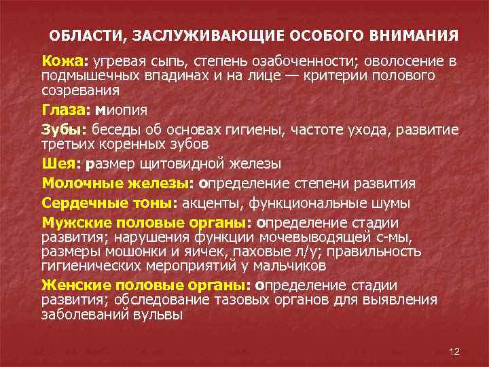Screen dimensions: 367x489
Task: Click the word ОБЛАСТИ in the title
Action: [x=77, y=35]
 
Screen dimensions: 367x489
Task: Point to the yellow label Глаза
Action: [x=66, y=109]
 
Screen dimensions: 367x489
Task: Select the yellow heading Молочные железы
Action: [x=119, y=183]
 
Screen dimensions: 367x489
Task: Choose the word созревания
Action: [x=81, y=90]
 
